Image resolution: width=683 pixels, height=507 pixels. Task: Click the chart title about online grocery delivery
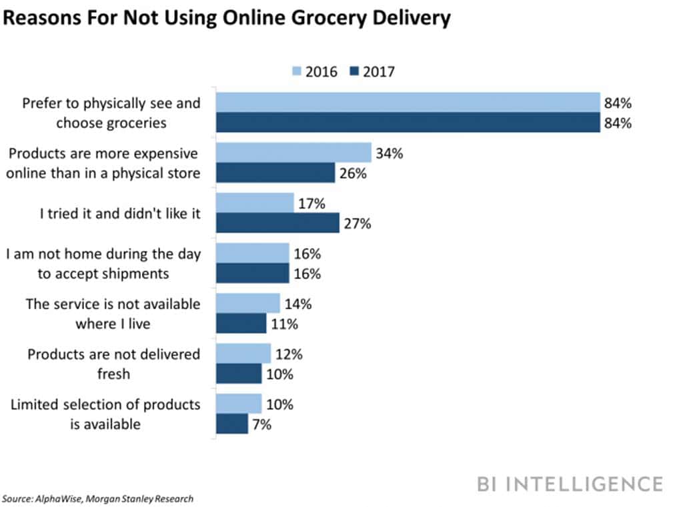click(226, 19)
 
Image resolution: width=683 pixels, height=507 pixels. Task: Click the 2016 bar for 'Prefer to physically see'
click(408, 103)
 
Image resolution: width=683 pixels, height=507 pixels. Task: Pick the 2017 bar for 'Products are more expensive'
click(275, 173)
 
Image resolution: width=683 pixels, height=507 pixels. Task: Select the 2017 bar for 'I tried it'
click(277, 223)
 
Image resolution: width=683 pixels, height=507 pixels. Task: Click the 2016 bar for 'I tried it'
click(254, 203)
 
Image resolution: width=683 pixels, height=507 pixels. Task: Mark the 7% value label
click(262, 424)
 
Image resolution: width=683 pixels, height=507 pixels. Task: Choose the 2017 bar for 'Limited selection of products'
click(231, 424)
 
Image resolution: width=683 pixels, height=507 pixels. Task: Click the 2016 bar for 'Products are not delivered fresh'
click(243, 354)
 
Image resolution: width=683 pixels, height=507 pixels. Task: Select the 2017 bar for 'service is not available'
click(241, 324)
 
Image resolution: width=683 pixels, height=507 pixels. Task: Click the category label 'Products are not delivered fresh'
click(113, 364)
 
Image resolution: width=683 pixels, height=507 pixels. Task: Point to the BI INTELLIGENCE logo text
click(570, 484)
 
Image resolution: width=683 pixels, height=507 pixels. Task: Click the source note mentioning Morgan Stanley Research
click(98, 498)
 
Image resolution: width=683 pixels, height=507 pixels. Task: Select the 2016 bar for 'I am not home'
click(252, 253)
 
